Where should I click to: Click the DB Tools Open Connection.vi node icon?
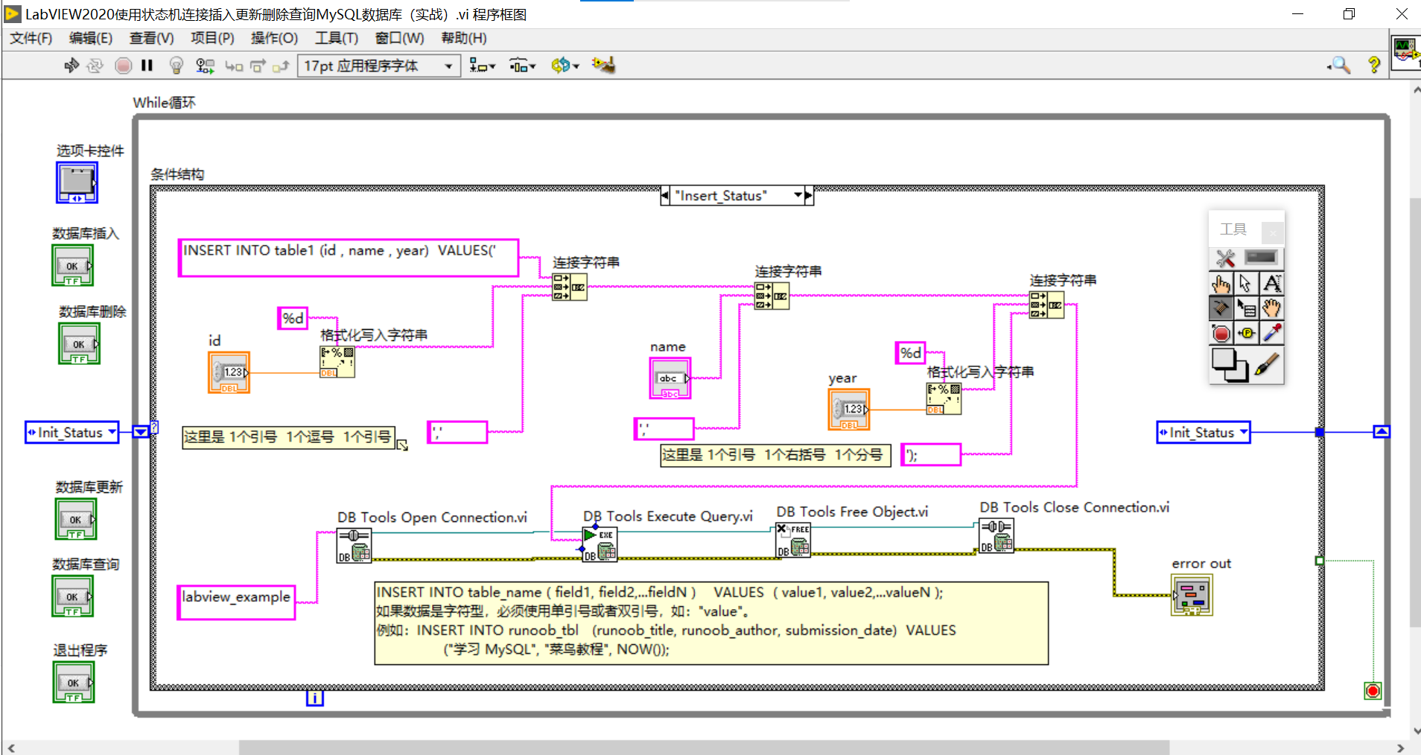pos(354,545)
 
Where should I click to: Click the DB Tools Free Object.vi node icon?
pos(792,540)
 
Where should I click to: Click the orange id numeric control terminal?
pos(229,372)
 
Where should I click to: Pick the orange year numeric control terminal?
pos(849,410)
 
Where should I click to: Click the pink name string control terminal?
pos(670,378)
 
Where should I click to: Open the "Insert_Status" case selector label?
pos(730,196)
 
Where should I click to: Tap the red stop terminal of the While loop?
pos(1373,691)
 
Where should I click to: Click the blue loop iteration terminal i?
pos(315,698)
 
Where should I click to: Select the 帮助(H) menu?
pos(463,38)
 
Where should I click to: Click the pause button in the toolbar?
pos(147,66)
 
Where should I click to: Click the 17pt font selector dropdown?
pos(378,66)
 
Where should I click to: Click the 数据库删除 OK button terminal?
pos(79,344)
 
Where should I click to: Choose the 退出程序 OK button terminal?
pos(74,683)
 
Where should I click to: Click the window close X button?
pos(1401,14)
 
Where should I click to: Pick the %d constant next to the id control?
pos(293,319)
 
